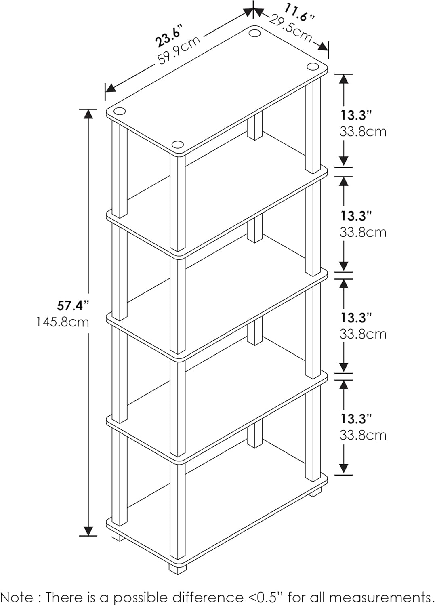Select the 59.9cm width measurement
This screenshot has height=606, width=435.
[x=179, y=50]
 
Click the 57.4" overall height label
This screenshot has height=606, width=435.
[x=73, y=305]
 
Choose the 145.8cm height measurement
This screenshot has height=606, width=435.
[x=63, y=322]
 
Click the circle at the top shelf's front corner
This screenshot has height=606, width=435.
[x=177, y=145]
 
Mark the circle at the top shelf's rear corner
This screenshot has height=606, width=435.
[x=255, y=32]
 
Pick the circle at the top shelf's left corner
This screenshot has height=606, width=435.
[x=119, y=112]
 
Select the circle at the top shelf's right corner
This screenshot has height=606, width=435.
[x=312, y=66]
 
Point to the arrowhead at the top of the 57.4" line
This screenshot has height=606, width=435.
[x=88, y=114]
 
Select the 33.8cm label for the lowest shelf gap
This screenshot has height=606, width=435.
[x=363, y=435]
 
